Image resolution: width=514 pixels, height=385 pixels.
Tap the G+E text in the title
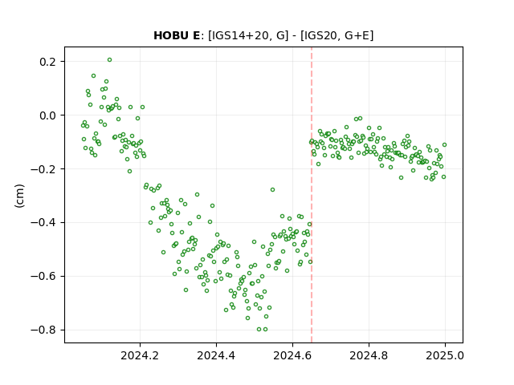[357, 35]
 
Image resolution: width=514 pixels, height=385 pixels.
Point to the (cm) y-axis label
[19, 195]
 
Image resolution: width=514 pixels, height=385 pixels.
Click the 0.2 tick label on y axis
[48, 62]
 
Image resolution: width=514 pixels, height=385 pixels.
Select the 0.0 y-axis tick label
[48, 115]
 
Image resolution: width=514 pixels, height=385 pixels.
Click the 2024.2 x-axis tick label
[140, 355]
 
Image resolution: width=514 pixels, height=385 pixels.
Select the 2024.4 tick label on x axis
[216, 355]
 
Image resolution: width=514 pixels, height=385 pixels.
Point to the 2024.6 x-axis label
[292, 355]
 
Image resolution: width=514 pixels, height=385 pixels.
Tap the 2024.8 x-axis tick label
[369, 355]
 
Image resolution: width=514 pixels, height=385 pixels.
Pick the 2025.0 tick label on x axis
[445, 355]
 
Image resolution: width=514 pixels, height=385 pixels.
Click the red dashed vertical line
[312, 195]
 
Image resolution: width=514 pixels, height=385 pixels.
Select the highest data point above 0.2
[109, 60]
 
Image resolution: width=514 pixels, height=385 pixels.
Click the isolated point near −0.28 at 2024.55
[272, 190]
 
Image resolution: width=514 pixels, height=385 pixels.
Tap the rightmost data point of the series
[444, 144]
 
